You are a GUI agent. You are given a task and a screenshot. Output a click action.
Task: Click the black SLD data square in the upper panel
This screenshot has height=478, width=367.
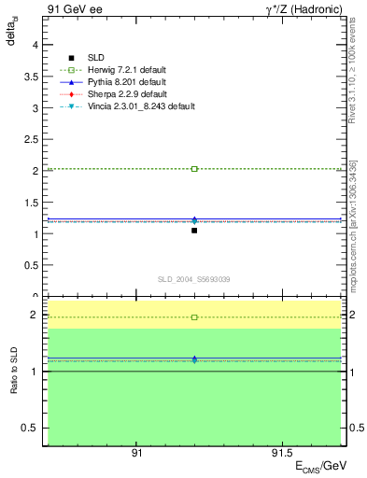coord(194,230)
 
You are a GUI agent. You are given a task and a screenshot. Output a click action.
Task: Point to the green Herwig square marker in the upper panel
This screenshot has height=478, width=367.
coord(194,169)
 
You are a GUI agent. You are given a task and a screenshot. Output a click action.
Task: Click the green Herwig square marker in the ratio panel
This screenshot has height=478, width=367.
coord(194,317)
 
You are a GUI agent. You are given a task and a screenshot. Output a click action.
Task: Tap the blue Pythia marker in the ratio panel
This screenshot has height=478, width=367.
coord(194,359)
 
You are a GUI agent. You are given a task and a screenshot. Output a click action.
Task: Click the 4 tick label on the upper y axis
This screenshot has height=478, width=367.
coord(35,45)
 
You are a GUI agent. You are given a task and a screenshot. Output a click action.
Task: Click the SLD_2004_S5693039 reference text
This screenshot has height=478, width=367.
coord(194,279)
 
